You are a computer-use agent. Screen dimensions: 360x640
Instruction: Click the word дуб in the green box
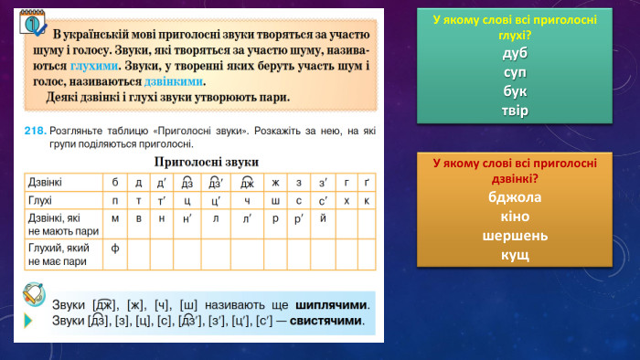[x=515, y=52]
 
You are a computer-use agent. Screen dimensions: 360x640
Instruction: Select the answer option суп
[x=515, y=71]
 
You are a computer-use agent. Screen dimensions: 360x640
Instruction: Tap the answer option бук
[x=515, y=90]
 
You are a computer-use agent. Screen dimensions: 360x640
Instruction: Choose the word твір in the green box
[x=515, y=111]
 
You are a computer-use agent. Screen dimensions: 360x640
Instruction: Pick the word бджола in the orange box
[x=515, y=196]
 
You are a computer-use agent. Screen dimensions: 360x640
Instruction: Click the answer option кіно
[x=515, y=216]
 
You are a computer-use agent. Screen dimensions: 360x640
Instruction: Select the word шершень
[x=515, y=235]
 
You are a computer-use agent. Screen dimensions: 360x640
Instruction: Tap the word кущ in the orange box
[x=515, y=254]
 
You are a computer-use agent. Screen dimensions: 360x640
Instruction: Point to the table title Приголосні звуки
[x=206, y=161]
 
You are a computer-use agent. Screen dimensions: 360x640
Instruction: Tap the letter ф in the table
[x=115, y=247]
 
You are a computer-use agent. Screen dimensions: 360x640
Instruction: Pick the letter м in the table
[x=115, y=217]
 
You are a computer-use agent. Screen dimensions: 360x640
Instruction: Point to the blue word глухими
[x=94, y=66]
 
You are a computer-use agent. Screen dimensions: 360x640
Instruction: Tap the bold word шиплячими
[x=332, y=304]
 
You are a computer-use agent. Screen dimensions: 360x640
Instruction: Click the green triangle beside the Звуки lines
[x=28, y=321]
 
